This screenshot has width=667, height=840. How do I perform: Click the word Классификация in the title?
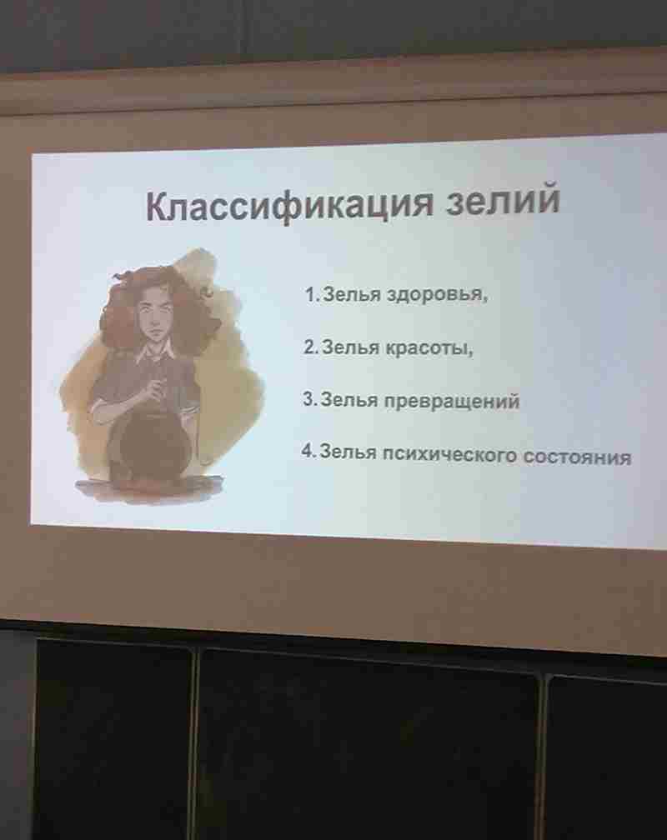[289, 205]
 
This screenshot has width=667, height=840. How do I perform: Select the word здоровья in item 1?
[437, 295]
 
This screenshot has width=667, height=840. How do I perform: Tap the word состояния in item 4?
[577, 457]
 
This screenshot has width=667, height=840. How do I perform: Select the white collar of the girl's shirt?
[154, 352]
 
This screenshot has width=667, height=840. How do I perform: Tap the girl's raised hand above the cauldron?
[156, 389]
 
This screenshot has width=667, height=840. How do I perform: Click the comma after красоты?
[471, 353]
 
